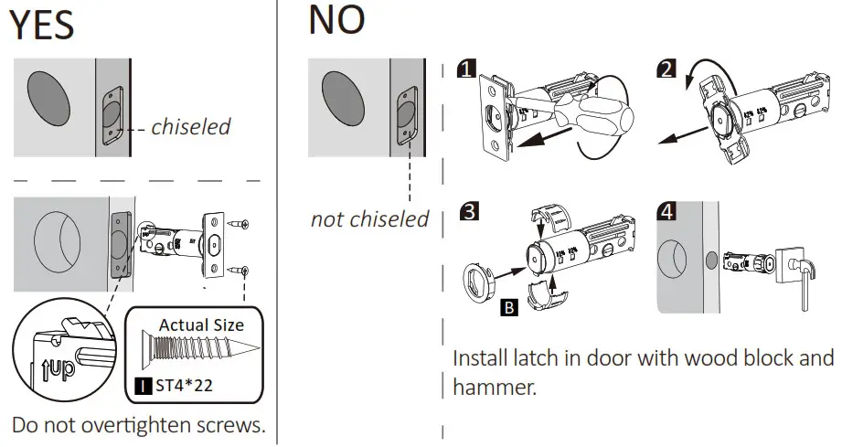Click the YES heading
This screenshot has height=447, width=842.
[42, 25]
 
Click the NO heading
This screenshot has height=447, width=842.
[336, 20]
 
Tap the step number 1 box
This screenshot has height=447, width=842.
[467, 69]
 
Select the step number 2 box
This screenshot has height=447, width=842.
[666, 69]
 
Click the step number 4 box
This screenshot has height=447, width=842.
[667, 213]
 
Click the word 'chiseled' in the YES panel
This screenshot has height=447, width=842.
[191, 127]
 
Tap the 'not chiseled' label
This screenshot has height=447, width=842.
[369, 219]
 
